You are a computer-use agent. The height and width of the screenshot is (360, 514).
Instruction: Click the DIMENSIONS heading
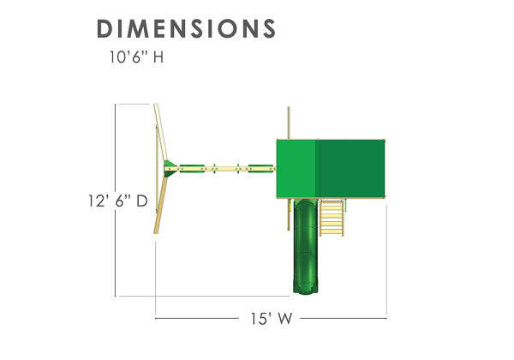click(186, 28)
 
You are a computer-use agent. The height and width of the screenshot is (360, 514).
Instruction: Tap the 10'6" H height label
click(136, 57)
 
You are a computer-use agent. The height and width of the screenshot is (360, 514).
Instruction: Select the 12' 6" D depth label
click(118, 201)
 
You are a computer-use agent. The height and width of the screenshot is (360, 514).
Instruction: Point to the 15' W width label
click(271, 318)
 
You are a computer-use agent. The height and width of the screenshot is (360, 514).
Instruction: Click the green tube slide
click(306, 246)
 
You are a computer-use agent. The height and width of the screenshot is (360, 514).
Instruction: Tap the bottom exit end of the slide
click(306, 291)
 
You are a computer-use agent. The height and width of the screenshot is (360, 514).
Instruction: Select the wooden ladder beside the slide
click(332, 218)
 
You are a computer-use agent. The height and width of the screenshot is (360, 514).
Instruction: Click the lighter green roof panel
click(296, 169)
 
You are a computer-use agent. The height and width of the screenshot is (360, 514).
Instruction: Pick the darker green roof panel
click(351, 169)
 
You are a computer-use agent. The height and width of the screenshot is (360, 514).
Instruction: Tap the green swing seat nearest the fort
click(260, 169)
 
